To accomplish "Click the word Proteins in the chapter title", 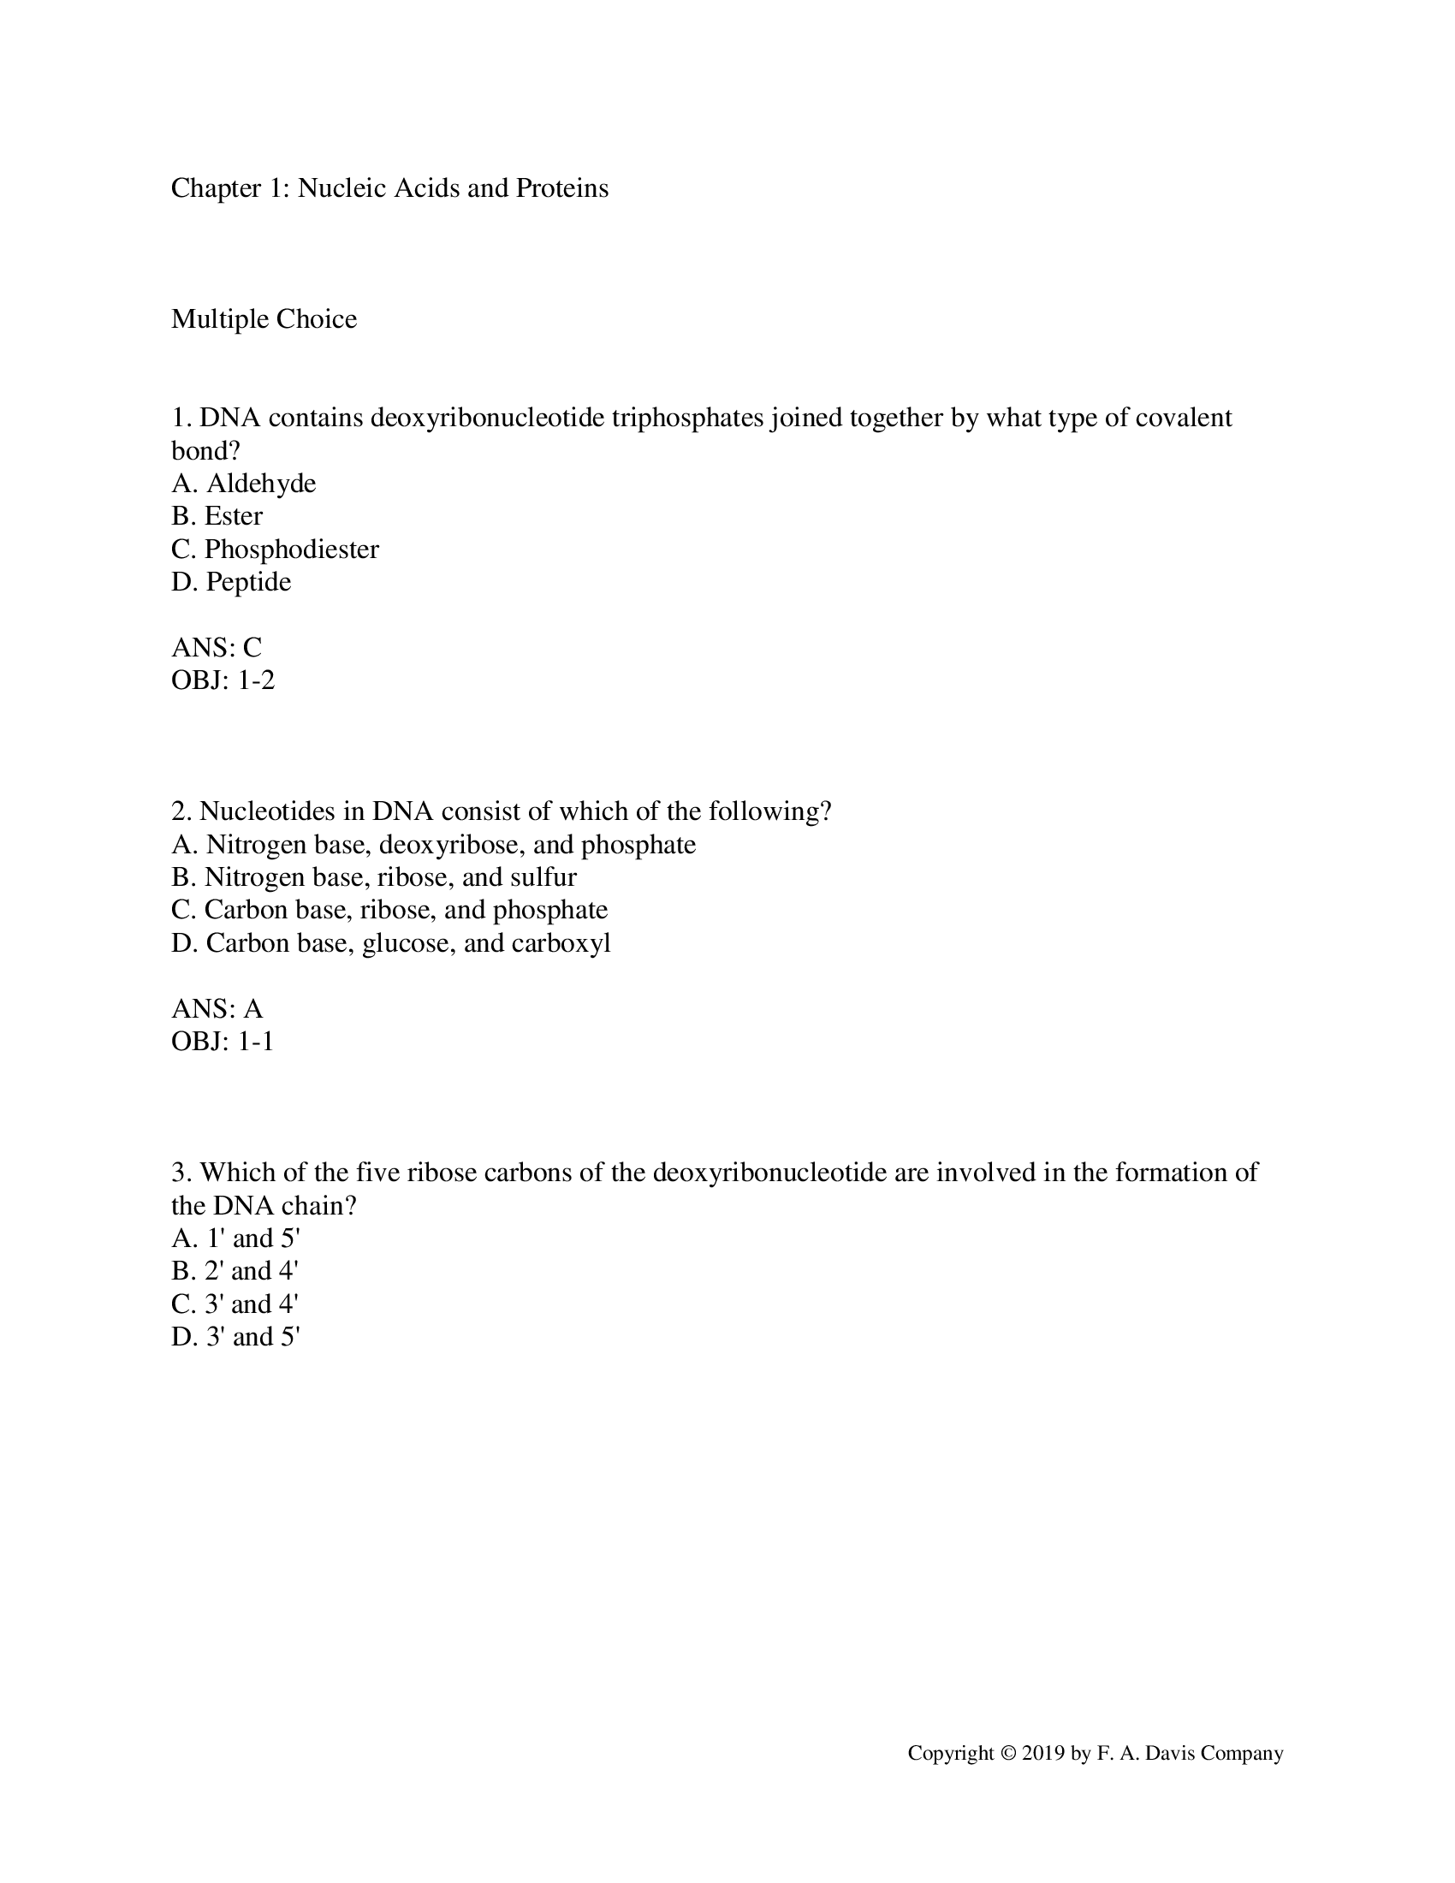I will tap(562, 188).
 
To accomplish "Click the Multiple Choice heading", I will tap(264, 319).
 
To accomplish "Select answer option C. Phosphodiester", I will tap(275, 549).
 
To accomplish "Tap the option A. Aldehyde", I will tap(244, 484).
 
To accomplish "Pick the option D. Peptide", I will tap(231, 582).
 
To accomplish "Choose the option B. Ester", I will tap(217, 516).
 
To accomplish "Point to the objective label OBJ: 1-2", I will tap(223, 680).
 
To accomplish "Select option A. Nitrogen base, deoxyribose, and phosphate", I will tap(434, 845).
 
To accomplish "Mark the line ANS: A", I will tap(217, 1009).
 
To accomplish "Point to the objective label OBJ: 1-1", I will tap(223, 1042).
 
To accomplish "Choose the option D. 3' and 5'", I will tap(235, 1337).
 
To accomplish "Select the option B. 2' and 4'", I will tap(235, 1272).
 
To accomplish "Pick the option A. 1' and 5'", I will tap(235, 1239).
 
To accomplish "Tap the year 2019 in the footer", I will tap(1043, 1754).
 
